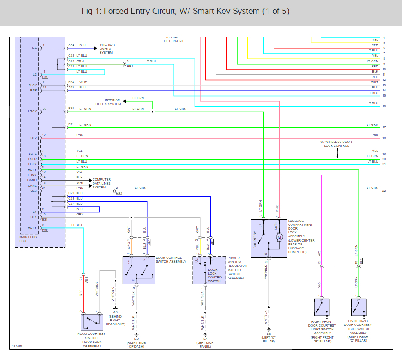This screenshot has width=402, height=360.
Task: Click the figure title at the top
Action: (x=185, y=11)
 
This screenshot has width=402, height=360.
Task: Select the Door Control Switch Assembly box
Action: (x=139, y=270)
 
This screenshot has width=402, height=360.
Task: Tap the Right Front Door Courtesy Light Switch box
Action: (x=322, y=307)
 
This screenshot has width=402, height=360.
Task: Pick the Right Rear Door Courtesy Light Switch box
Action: (x=359, y=307)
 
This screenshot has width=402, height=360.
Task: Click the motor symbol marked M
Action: (x=279, y=237)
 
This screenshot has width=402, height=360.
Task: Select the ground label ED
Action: (x=137, y=339)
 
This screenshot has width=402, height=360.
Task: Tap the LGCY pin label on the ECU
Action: (x=32, y=112)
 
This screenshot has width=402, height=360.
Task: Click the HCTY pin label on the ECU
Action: (x=32, y=227)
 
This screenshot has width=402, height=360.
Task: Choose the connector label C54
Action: (x=71, y=45)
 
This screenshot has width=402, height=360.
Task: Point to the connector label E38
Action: (x=71, y=109)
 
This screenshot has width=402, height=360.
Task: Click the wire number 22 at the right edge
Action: (x=384, y=191)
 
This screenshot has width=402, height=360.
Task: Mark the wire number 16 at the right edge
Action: (x=384, y=106)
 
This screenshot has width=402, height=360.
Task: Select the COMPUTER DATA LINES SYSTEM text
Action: (x=102, y=183)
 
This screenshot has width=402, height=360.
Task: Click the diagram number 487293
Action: (x=17, y=345)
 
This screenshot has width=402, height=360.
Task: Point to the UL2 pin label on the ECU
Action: (x=33, y=138)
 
